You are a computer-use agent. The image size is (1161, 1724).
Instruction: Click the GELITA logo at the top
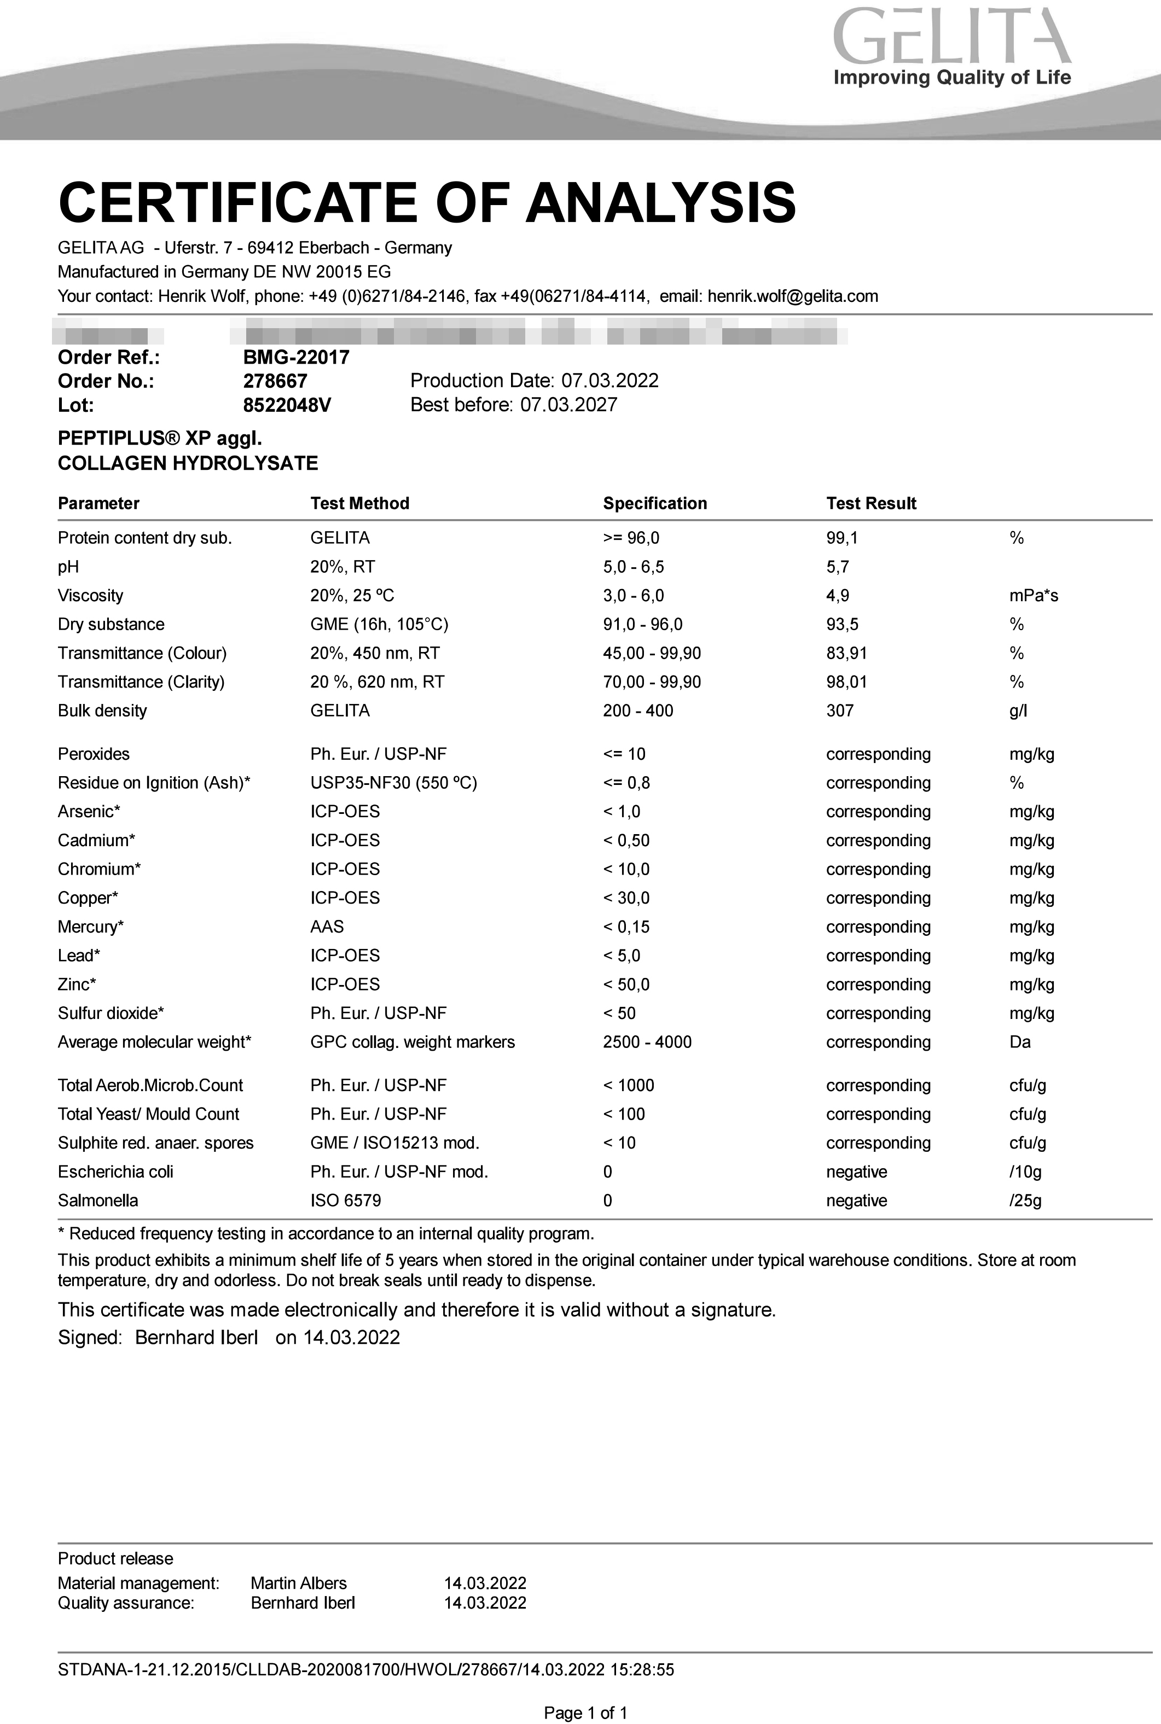pyautogui.click(x=952, y=46)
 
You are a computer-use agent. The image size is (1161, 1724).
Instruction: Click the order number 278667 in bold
pyautogui.click(x=275, y=381)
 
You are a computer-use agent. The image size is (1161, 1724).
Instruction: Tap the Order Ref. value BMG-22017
pyautogui.click(x=296, y=358)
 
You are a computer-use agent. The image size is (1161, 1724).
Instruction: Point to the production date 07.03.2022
pyautogui.click(x=609, y=381)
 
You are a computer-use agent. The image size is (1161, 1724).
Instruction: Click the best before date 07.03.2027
pyautogui.click(x=568, y=405)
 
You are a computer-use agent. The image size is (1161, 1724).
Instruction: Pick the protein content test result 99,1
pyautogui.click(x=842, y=538)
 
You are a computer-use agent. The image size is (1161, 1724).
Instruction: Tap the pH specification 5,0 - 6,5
pyautogui.click(x=633, y=567)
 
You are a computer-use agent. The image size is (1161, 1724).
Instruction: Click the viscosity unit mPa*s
pyautogui.click(x=1034, y=596)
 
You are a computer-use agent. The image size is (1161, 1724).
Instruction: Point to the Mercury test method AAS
pyautogui.click(x=327, y=927)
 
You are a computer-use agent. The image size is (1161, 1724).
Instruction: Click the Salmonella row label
pyautogui.click(x=98, y=1201)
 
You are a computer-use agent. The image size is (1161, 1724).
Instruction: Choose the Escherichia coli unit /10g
pyautogui.click(x=1025, y=1172)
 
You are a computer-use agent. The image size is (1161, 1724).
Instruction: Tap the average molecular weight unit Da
pyautogui.click(x=1020, y=1042)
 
